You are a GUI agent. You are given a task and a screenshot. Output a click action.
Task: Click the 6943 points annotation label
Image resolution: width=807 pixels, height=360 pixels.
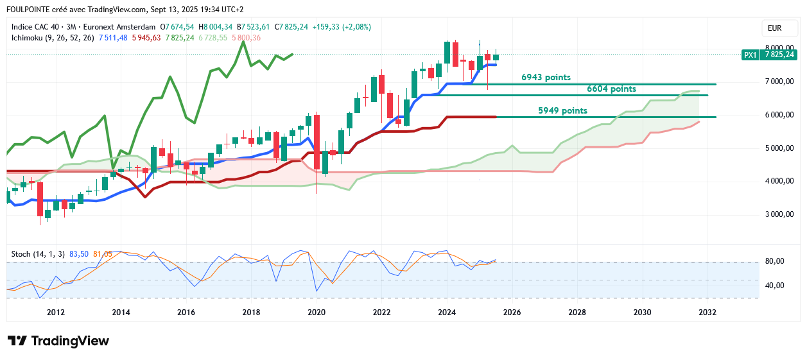546,78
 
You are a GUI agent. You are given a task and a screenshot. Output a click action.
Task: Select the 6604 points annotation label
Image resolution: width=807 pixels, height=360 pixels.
611,89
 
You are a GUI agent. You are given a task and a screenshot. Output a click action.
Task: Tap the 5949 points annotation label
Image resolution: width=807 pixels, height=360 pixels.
562,111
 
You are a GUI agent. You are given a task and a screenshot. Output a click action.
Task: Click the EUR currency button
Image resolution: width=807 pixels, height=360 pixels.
774,28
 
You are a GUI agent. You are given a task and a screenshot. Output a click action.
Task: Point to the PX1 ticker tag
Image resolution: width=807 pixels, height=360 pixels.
749,55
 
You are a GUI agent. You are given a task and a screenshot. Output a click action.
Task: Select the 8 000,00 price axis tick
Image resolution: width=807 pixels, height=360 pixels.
779,48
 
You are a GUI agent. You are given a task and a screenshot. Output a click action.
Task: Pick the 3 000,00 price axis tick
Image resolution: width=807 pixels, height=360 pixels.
779,214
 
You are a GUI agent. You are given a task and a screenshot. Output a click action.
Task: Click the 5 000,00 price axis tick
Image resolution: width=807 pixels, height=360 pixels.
779,148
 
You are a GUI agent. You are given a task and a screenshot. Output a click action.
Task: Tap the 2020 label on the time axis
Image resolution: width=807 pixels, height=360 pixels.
317,313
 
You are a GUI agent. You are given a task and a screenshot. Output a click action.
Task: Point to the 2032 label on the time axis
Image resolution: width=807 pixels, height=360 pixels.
707,313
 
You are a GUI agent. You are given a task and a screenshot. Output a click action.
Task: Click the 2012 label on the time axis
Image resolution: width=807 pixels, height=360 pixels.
56,313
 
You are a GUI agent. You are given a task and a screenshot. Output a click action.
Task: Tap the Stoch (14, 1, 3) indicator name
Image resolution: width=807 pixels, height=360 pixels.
38,254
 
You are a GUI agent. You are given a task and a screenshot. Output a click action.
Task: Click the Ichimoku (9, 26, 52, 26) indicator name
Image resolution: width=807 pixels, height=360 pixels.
53,38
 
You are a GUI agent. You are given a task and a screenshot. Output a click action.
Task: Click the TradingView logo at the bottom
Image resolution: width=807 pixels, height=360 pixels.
58,341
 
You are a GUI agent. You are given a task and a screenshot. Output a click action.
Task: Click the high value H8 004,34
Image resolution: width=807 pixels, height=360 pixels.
216,27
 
